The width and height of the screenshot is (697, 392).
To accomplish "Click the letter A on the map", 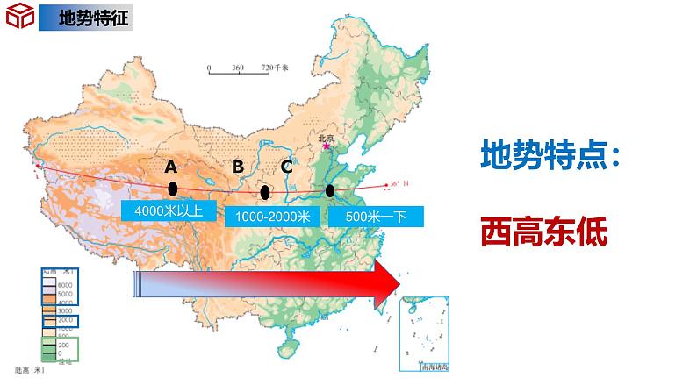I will pos(171,167).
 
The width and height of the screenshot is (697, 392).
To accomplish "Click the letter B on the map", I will pos(237,167).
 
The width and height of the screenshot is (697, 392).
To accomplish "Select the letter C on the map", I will pos(286,167).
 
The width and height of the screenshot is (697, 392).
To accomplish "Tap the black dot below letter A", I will pos(173,189).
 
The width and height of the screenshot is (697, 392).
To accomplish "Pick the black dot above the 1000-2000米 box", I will pos(265,192).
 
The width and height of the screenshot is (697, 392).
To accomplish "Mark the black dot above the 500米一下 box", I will pos(329,190).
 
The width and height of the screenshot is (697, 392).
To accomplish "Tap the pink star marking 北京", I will pos(327,146).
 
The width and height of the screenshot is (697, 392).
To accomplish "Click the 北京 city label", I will pos(325,137).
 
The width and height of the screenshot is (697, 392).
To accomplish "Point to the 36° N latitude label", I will pos(399,183).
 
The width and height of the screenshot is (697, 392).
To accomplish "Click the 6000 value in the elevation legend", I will pos(62,285).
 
